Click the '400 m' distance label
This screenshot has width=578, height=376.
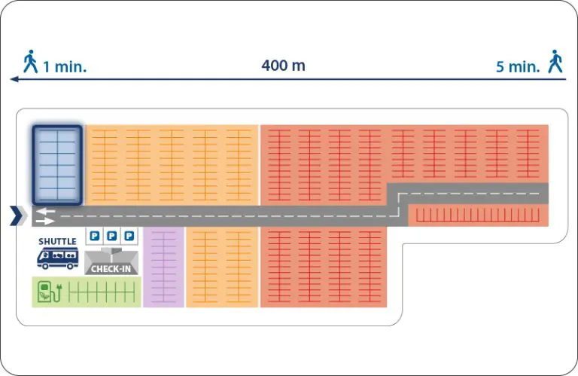tap(283, 66)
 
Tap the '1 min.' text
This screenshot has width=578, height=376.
tap(65, 67)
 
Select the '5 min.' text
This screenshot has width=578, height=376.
tap(518, 67)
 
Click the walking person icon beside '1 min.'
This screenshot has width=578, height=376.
tap(30, 61)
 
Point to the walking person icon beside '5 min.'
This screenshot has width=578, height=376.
tap(555, 61)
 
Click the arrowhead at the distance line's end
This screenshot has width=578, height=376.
tap(14, 79)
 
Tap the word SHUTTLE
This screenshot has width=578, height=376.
tap(57, 241)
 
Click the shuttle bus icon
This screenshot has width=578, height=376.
tap(57, 258)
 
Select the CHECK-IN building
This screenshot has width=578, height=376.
tap(111, 261)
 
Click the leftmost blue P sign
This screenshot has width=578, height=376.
tap(95, 235)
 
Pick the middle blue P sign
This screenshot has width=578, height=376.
tap(112, 235)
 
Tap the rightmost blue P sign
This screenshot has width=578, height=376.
tap(129, 235)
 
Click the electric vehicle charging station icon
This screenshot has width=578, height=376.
tap(50, 292)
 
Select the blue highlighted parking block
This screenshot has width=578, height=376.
tap(57, 165)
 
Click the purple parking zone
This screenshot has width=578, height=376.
tap(163, 267)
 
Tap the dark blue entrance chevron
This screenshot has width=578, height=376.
tap(17, 216)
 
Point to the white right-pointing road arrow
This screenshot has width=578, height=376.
tap(45, 221)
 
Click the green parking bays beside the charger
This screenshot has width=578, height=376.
tap(102, 292)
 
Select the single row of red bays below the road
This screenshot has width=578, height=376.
tap(478, 215)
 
